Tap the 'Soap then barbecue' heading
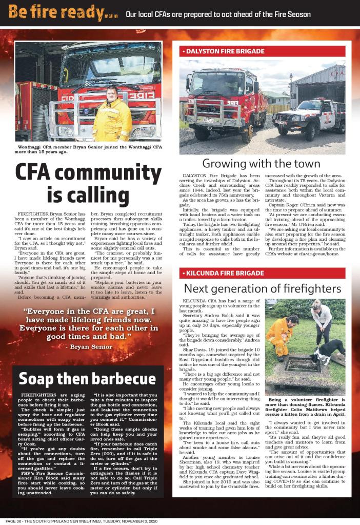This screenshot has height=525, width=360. click(87, 379)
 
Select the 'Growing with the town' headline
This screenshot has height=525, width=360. click(262, 164)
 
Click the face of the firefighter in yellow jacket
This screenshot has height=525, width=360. click(112, 93)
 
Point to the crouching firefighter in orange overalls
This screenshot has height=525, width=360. click(282, 336)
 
